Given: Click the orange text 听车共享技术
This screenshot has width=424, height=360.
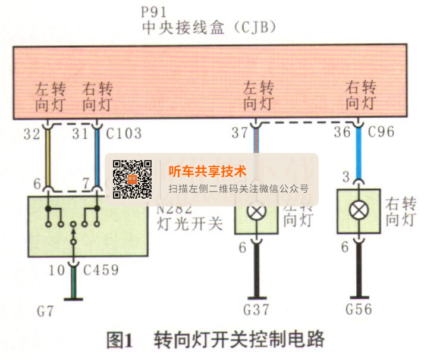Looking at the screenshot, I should click(207, 171).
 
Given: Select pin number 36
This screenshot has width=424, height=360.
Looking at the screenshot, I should click(342, 132).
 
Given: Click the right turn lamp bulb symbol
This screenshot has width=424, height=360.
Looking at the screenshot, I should click(358, 211).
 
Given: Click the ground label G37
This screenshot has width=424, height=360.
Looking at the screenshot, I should click(256, 309).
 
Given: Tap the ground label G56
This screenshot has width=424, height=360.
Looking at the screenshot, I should click(358, 309).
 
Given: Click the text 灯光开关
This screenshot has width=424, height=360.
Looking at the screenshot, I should click(189, 223).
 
